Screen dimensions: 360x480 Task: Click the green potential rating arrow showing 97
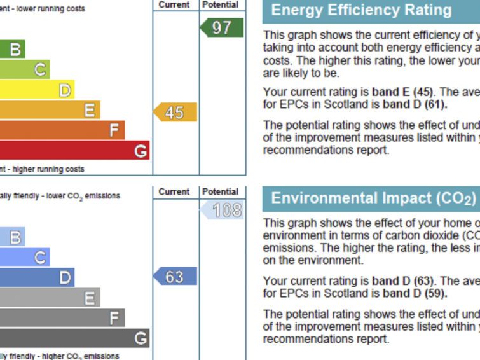point(222,28)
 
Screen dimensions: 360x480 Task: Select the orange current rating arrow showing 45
point(175,113)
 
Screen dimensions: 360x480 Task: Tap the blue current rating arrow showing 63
point(175,277)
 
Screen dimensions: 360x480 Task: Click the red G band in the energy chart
point(74,151)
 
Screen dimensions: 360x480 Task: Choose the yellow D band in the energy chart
point(37,90)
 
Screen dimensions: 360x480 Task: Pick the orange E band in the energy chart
point(50,111)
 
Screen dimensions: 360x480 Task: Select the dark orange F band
point(62,130)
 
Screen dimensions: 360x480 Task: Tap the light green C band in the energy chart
point(24,70)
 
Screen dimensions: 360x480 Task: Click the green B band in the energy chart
point(12,50)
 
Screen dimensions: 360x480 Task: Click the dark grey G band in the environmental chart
point(74,338)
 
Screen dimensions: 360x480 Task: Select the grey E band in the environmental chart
point(50,297)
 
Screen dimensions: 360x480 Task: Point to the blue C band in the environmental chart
point(24,258)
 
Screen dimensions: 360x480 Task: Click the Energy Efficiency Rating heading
point(361,10)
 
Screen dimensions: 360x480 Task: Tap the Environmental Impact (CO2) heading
point(374,198)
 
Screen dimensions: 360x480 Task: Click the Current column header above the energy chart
point(175,4)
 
